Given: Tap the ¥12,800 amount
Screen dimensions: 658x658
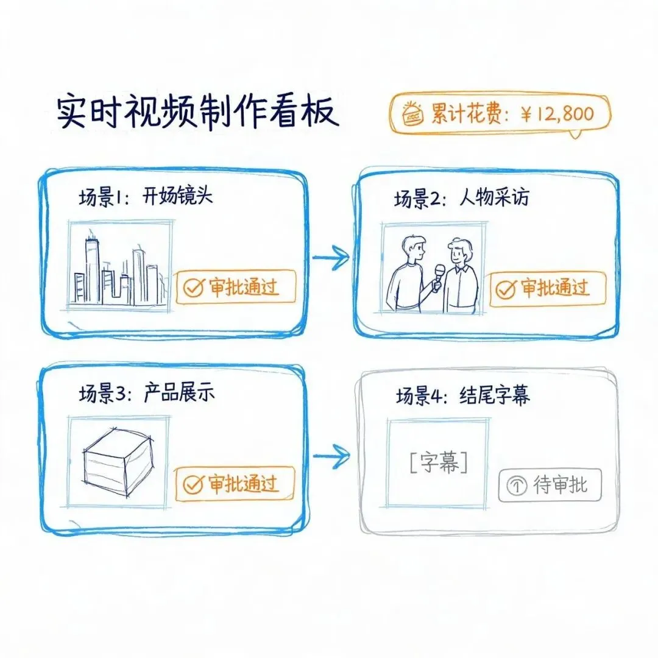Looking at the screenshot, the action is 557,114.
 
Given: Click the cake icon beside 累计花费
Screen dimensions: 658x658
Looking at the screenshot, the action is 412,113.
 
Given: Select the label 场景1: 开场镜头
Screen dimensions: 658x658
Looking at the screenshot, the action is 146,196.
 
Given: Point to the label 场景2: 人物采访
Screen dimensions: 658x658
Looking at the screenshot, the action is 462,197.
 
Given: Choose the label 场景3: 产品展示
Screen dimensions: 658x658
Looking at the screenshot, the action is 147,393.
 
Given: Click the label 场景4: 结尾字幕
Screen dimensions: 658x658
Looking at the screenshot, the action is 463,395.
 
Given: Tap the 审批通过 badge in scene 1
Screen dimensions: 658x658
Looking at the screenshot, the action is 235,287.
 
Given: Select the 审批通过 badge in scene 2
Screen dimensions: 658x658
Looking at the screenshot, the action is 548,289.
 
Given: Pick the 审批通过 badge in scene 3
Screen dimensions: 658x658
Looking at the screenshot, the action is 235,484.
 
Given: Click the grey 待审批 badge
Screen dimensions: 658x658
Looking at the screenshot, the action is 550,486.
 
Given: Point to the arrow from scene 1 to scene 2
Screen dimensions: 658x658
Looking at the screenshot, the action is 331,256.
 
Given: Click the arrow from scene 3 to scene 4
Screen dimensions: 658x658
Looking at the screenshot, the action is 331,456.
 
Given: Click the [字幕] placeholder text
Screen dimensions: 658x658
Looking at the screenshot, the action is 439,462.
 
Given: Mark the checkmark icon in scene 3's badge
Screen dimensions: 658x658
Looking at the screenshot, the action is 194,485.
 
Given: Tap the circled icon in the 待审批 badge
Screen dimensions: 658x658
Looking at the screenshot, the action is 517,486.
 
